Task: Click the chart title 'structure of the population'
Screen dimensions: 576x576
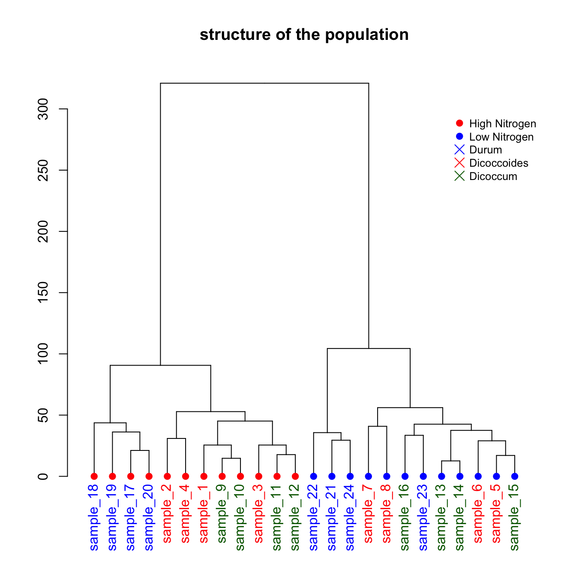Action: pos(304,35)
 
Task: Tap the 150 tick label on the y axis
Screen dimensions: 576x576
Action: pos(43,293)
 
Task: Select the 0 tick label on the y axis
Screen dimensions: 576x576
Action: pos(43,476)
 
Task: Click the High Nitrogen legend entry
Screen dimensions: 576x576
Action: pos(502,124)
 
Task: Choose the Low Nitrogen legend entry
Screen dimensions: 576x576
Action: pos(501,137)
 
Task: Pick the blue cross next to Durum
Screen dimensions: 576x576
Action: pos(459,150)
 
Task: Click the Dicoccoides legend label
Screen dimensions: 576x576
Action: pos(498,163)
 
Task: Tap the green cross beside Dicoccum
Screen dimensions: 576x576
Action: pos(459,176)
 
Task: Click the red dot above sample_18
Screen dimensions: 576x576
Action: pos(94,476)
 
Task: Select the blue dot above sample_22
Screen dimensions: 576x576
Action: pos(314,476)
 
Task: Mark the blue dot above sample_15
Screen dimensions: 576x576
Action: pos(515,476)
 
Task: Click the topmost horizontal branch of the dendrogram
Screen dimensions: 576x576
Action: pos(264,83)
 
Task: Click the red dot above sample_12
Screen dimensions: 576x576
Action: pos(295,476)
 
